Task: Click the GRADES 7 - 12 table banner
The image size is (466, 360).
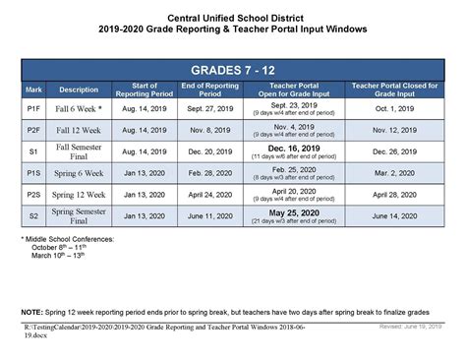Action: coord(232,71)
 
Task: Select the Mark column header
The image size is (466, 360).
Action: coord(33,90)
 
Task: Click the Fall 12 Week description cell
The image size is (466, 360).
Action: coord(80,129)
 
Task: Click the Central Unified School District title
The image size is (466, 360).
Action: coord(232,18)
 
